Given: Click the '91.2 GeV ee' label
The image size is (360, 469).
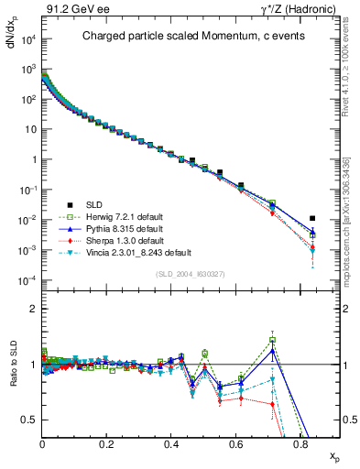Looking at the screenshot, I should coord(70,10).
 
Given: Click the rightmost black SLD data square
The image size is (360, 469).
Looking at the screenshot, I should coord(313,219).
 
